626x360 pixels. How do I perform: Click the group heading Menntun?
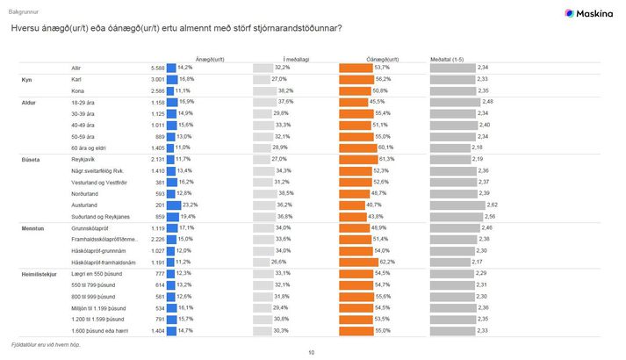33,227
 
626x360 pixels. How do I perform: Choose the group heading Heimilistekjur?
39,274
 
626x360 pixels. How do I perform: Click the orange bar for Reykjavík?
368,159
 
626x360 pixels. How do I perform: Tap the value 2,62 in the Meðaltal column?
482,203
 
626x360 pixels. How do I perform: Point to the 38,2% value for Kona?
284,90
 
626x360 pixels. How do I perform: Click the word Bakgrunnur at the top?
24,12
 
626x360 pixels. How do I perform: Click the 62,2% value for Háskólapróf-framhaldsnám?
383,261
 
